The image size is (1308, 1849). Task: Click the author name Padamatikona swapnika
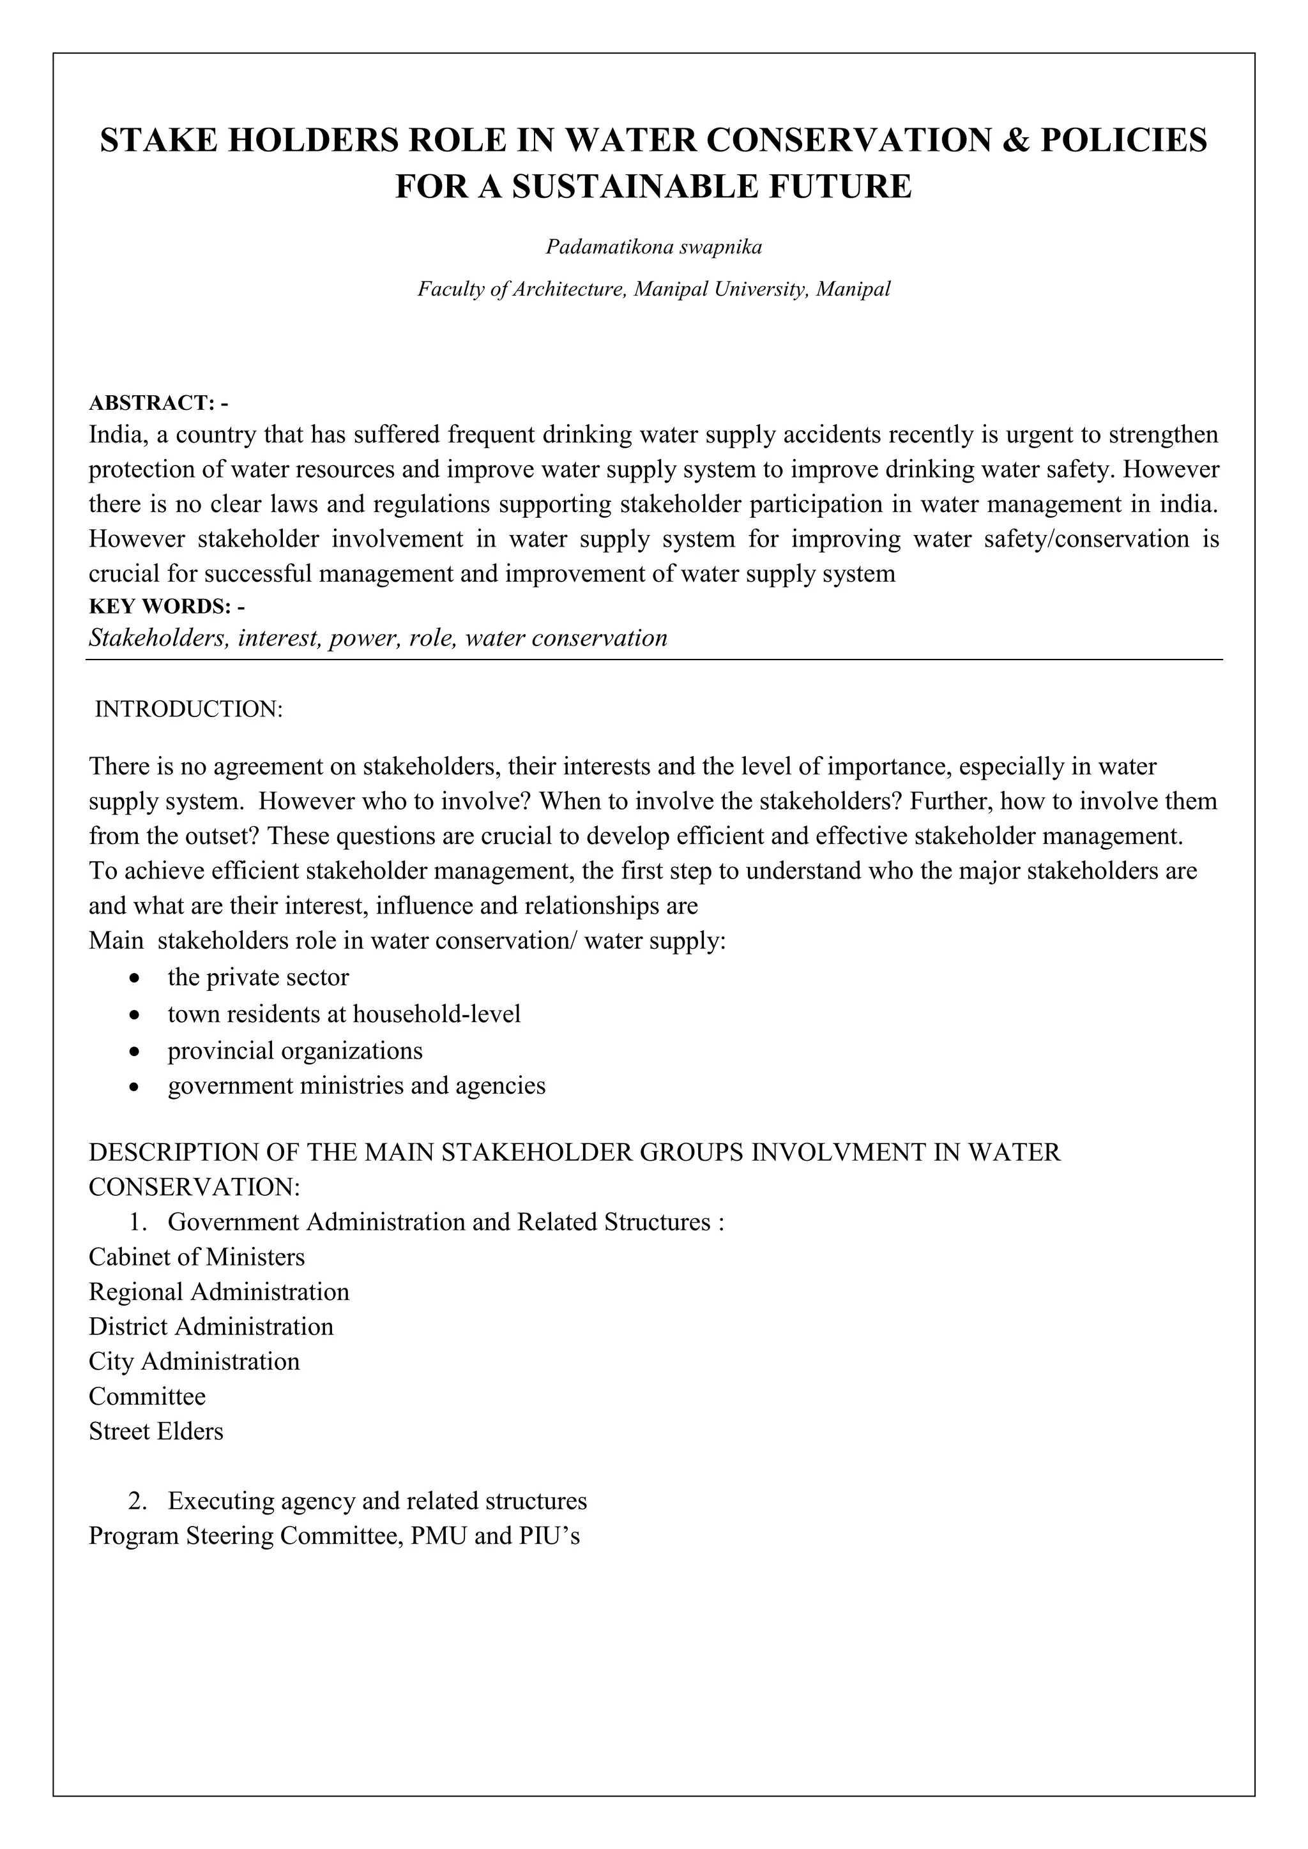tap(653, 247)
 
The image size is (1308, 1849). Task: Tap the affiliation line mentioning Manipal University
tap(653, 289)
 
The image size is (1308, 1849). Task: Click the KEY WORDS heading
tap(167, 607)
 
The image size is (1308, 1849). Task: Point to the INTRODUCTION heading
tap(188, 709)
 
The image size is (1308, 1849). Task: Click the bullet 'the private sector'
tap(258, 977)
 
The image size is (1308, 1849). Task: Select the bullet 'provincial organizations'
tap(295, 1051)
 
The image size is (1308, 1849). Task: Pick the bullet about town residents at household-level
tap(344, 1014)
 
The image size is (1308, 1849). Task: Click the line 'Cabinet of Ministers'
tap(197, 1257)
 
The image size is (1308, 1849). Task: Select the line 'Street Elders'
tap(155, 1431)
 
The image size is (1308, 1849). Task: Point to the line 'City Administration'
tap(194, 1362)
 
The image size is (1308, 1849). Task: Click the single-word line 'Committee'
tap(147, 1396)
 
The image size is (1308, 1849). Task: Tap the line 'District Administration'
tap(210, 1326)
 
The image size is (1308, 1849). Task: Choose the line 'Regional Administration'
tap(218, 1292)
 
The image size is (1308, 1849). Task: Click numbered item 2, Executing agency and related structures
tap(377, 1501)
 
